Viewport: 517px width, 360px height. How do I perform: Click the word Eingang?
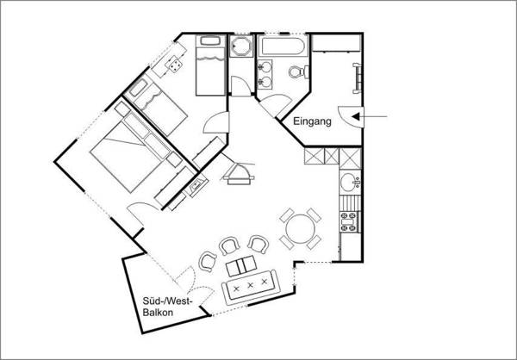[312, 121]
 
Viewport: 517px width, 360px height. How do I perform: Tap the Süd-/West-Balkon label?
[167, 307]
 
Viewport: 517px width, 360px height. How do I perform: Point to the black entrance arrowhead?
[356, 116]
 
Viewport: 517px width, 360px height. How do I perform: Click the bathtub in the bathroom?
[283, 47]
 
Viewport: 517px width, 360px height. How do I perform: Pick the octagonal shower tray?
[241, 47]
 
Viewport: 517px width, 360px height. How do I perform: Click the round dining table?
[300, 229]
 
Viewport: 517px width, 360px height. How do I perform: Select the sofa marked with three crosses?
[252, 287]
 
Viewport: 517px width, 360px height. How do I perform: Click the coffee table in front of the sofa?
[241, 266]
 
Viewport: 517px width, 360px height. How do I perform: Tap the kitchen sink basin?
[348, 182]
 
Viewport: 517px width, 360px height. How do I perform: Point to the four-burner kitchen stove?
[350, 222]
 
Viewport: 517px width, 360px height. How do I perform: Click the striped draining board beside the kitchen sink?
[349, 202]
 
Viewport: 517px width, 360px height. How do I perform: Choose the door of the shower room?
[240, 86]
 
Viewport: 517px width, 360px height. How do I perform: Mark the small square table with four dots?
[175, 64]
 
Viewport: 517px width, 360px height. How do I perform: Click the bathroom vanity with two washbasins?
[265, 75]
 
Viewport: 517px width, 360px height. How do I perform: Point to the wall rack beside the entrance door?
[357, 78]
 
